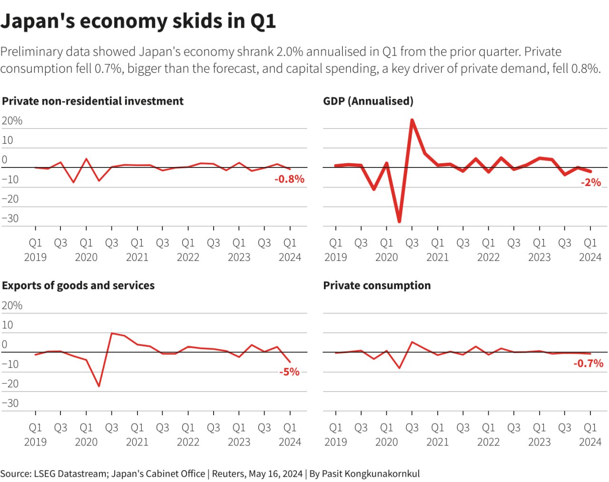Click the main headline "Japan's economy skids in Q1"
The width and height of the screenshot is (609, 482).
[x=138, y=21]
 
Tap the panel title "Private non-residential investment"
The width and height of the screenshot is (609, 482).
[x=93, y=101]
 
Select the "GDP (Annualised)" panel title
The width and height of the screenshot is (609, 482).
[x=368, y=101]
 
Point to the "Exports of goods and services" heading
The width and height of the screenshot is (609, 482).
[x=79, y=285]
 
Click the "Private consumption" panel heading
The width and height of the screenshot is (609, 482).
[x=377, y=285]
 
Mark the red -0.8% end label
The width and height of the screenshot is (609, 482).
[x=289, y=179]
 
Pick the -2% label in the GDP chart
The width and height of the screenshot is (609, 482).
[x=591, y=183]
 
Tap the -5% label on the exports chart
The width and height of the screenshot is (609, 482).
[x=289, y=372]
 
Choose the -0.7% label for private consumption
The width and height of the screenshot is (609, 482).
[x=588, y=364]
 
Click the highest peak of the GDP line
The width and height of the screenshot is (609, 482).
[x=412, y=120]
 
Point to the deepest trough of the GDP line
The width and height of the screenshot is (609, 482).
[x=399, y=222]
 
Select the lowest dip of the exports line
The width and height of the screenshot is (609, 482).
[x=99, y=386]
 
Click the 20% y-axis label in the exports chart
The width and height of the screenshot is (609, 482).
[x=12, y=305]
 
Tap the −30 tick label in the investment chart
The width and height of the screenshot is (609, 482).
[x=10, y=218]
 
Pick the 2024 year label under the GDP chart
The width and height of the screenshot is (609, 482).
[x=590, y=257]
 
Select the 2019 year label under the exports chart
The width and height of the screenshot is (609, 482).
[x=35, y=442]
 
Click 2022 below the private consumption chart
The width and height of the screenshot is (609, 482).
[x=488, y=442]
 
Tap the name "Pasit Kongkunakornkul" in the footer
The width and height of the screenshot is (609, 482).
[x=371, y=474]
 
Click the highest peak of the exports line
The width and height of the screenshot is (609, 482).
[x=111, y=333]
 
